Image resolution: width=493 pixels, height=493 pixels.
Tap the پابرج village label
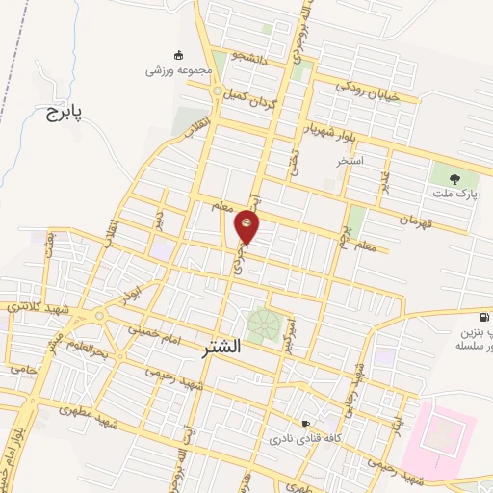coord(65,113)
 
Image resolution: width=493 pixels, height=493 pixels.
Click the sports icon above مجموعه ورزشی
coord(177,54)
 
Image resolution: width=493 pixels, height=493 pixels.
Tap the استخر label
coord(350,161)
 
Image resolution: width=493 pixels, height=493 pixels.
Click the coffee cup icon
coord(306,423)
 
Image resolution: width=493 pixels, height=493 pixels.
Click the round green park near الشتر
coord(260,324)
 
